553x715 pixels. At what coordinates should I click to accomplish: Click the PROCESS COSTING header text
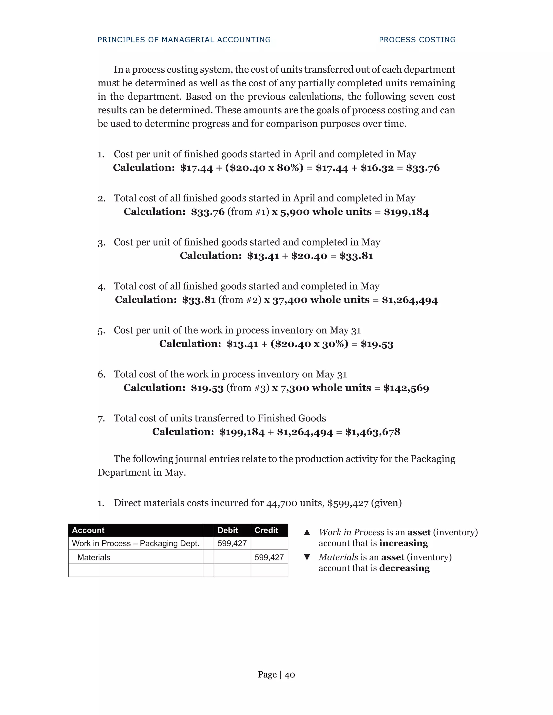point(417,40)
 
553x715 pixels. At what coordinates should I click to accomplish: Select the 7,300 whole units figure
point(295,388)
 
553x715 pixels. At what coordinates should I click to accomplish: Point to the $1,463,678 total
point(373,432)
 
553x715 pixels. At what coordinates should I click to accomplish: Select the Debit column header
point(227,530)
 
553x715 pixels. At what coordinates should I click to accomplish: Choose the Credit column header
point(266,530)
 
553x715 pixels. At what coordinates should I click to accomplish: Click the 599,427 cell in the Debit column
point(232,543)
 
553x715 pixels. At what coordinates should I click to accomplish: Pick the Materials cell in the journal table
point(94,557)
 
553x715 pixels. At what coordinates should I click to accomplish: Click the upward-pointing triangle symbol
point(307,532)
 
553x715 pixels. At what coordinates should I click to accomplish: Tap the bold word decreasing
point(404,568)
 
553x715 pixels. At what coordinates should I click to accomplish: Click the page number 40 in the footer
point(290,675)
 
